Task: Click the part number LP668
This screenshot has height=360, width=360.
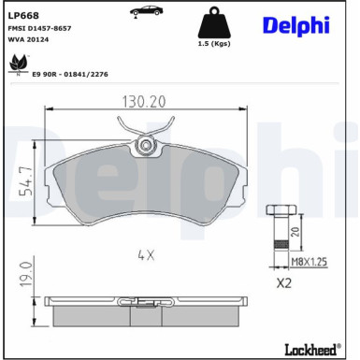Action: [23, 15]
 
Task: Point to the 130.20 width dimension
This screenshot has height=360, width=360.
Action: [143, 102]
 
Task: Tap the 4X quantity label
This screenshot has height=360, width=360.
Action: [144, 253]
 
